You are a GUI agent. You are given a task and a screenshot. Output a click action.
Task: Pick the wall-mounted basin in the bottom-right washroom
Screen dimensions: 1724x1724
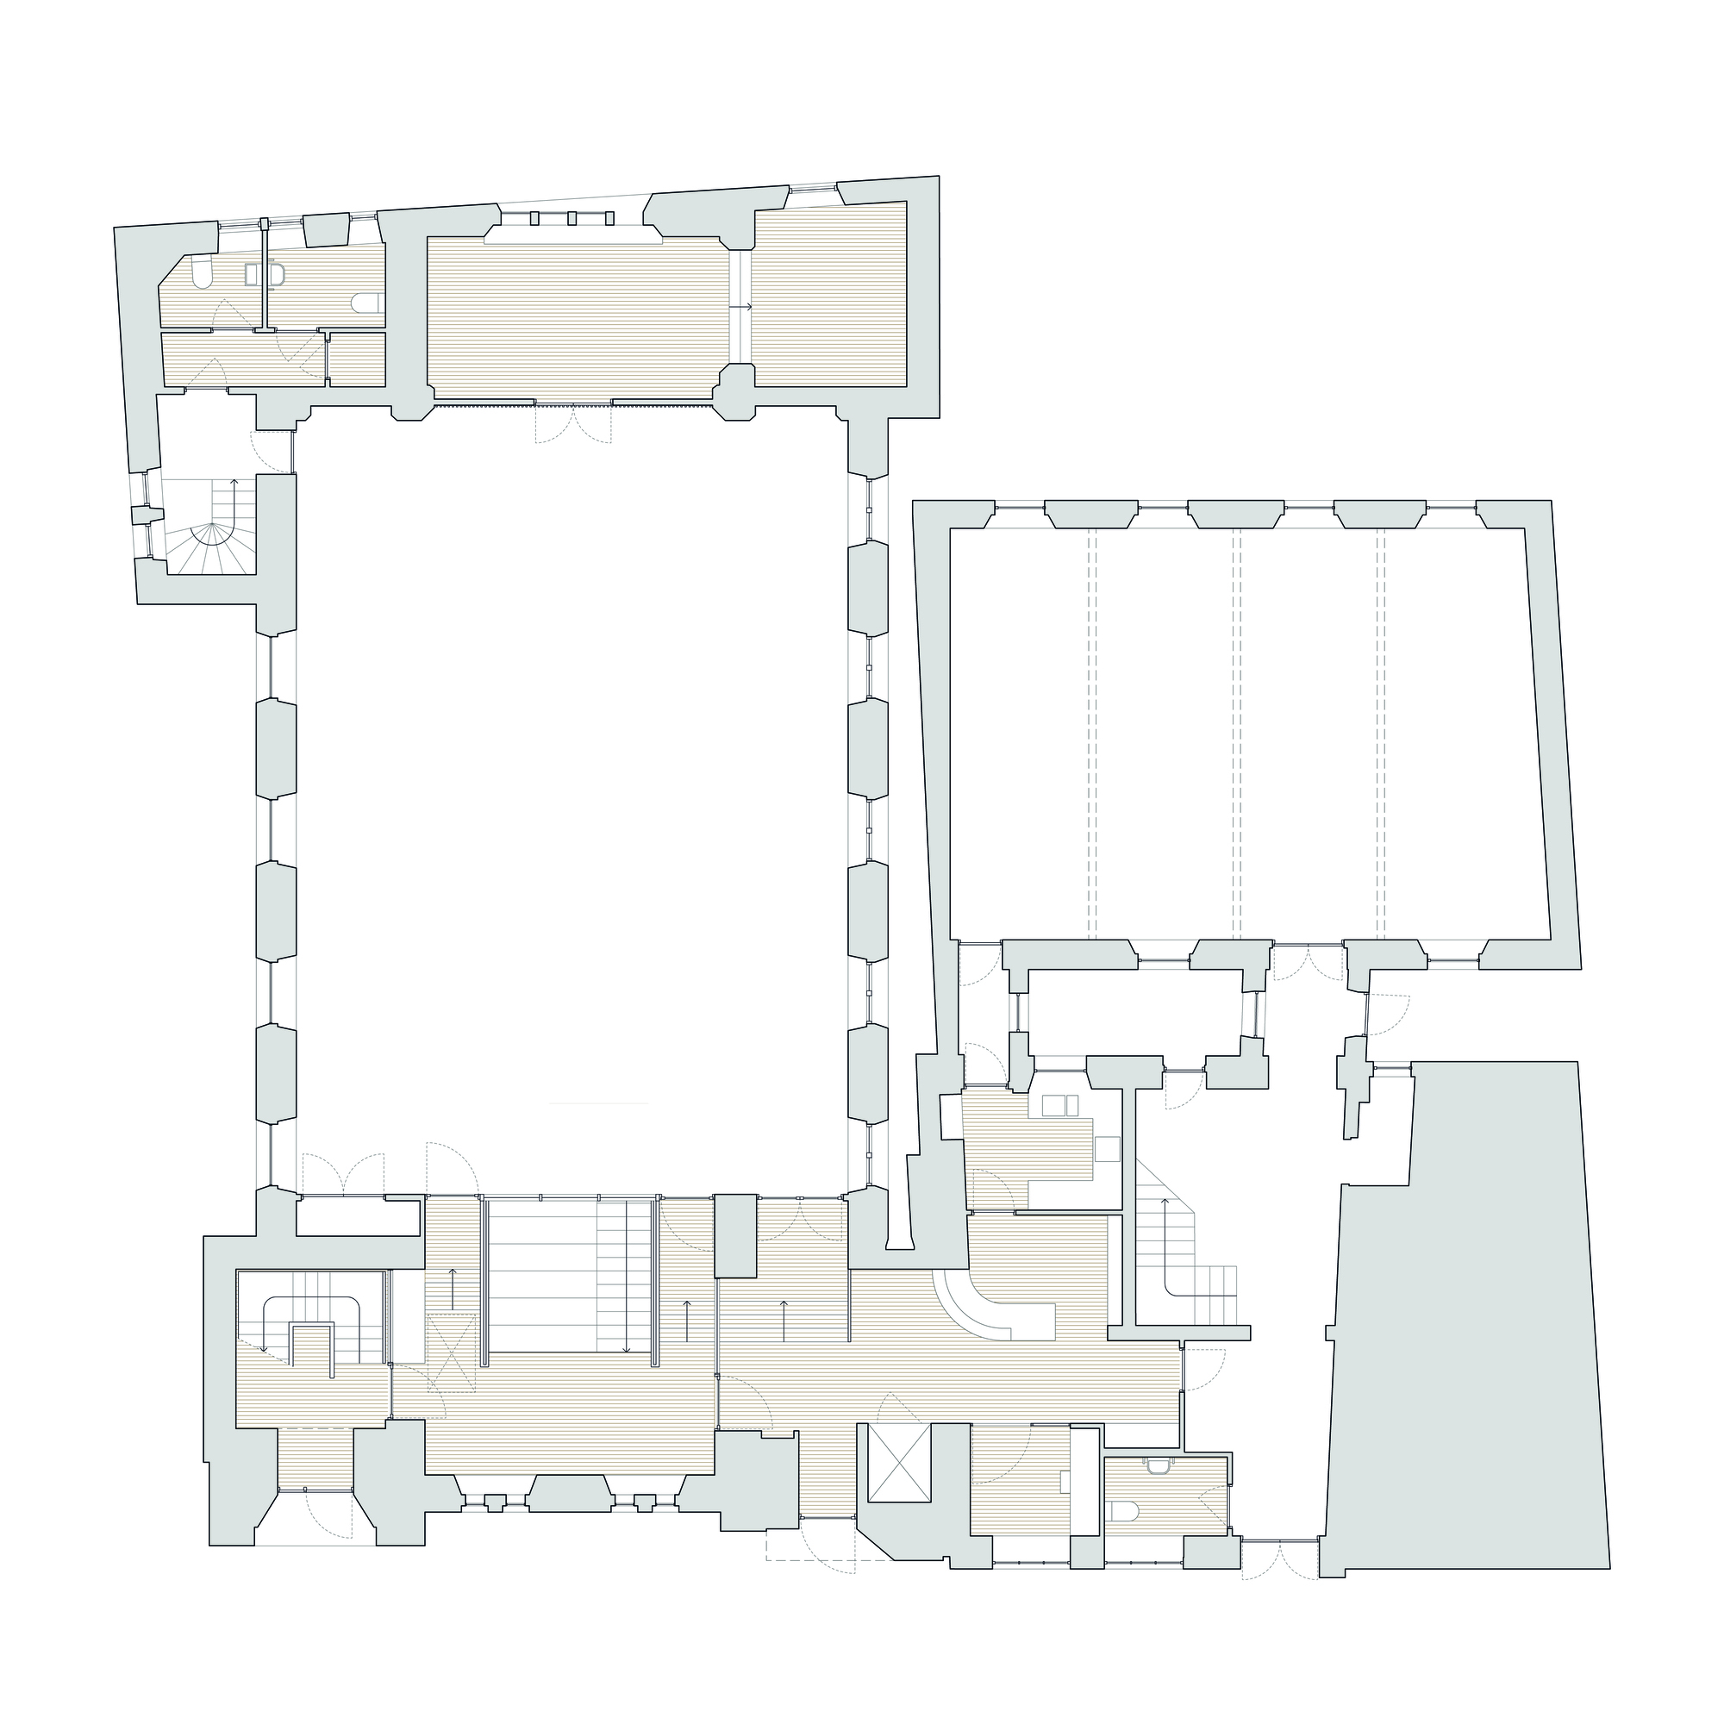[x=1159, y=1465]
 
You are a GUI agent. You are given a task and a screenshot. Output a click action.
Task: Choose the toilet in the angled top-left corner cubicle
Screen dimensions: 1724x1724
[x=202, y=272]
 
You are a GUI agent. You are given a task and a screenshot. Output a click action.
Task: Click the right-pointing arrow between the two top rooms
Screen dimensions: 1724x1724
[x=741, y=306]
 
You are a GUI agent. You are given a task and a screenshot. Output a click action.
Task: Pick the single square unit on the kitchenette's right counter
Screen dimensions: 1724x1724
[x=1107, y=1148]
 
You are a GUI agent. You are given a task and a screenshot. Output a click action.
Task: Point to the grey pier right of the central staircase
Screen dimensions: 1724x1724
[x=735, y=1235]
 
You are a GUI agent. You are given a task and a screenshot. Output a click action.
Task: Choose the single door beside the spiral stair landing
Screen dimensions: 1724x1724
[x=272, y=452]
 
